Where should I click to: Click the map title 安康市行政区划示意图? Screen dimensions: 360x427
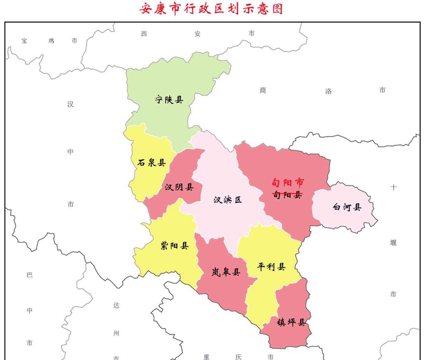[211, 9]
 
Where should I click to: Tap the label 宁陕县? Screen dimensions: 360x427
[169, 100]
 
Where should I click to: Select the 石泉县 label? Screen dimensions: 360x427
[151, 162]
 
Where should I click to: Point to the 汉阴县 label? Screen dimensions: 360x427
[179, 187]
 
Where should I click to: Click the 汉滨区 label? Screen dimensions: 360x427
[228, 200]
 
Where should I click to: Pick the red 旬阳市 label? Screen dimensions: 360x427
[288, 182]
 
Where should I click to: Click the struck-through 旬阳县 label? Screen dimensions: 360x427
[287, 195]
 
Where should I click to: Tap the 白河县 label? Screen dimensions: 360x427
[347, 207]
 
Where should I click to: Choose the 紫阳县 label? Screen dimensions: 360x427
[175, 246]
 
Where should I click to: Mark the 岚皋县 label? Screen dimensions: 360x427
[226, 272]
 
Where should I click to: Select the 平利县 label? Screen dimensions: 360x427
[271, 266]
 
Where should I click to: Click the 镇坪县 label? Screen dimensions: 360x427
[291, 322]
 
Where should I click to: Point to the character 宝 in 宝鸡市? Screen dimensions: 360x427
[24, 41]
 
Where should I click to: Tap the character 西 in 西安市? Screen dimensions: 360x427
[144, 34]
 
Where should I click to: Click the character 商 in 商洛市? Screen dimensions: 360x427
[263, 90]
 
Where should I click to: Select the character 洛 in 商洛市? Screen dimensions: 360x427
[328, 91]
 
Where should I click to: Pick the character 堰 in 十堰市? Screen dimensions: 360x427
[393, 243]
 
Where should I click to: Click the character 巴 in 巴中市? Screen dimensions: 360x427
[30, 275]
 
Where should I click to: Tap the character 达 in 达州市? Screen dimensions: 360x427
[116, 305]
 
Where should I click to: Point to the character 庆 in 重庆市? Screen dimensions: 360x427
[238, 357]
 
